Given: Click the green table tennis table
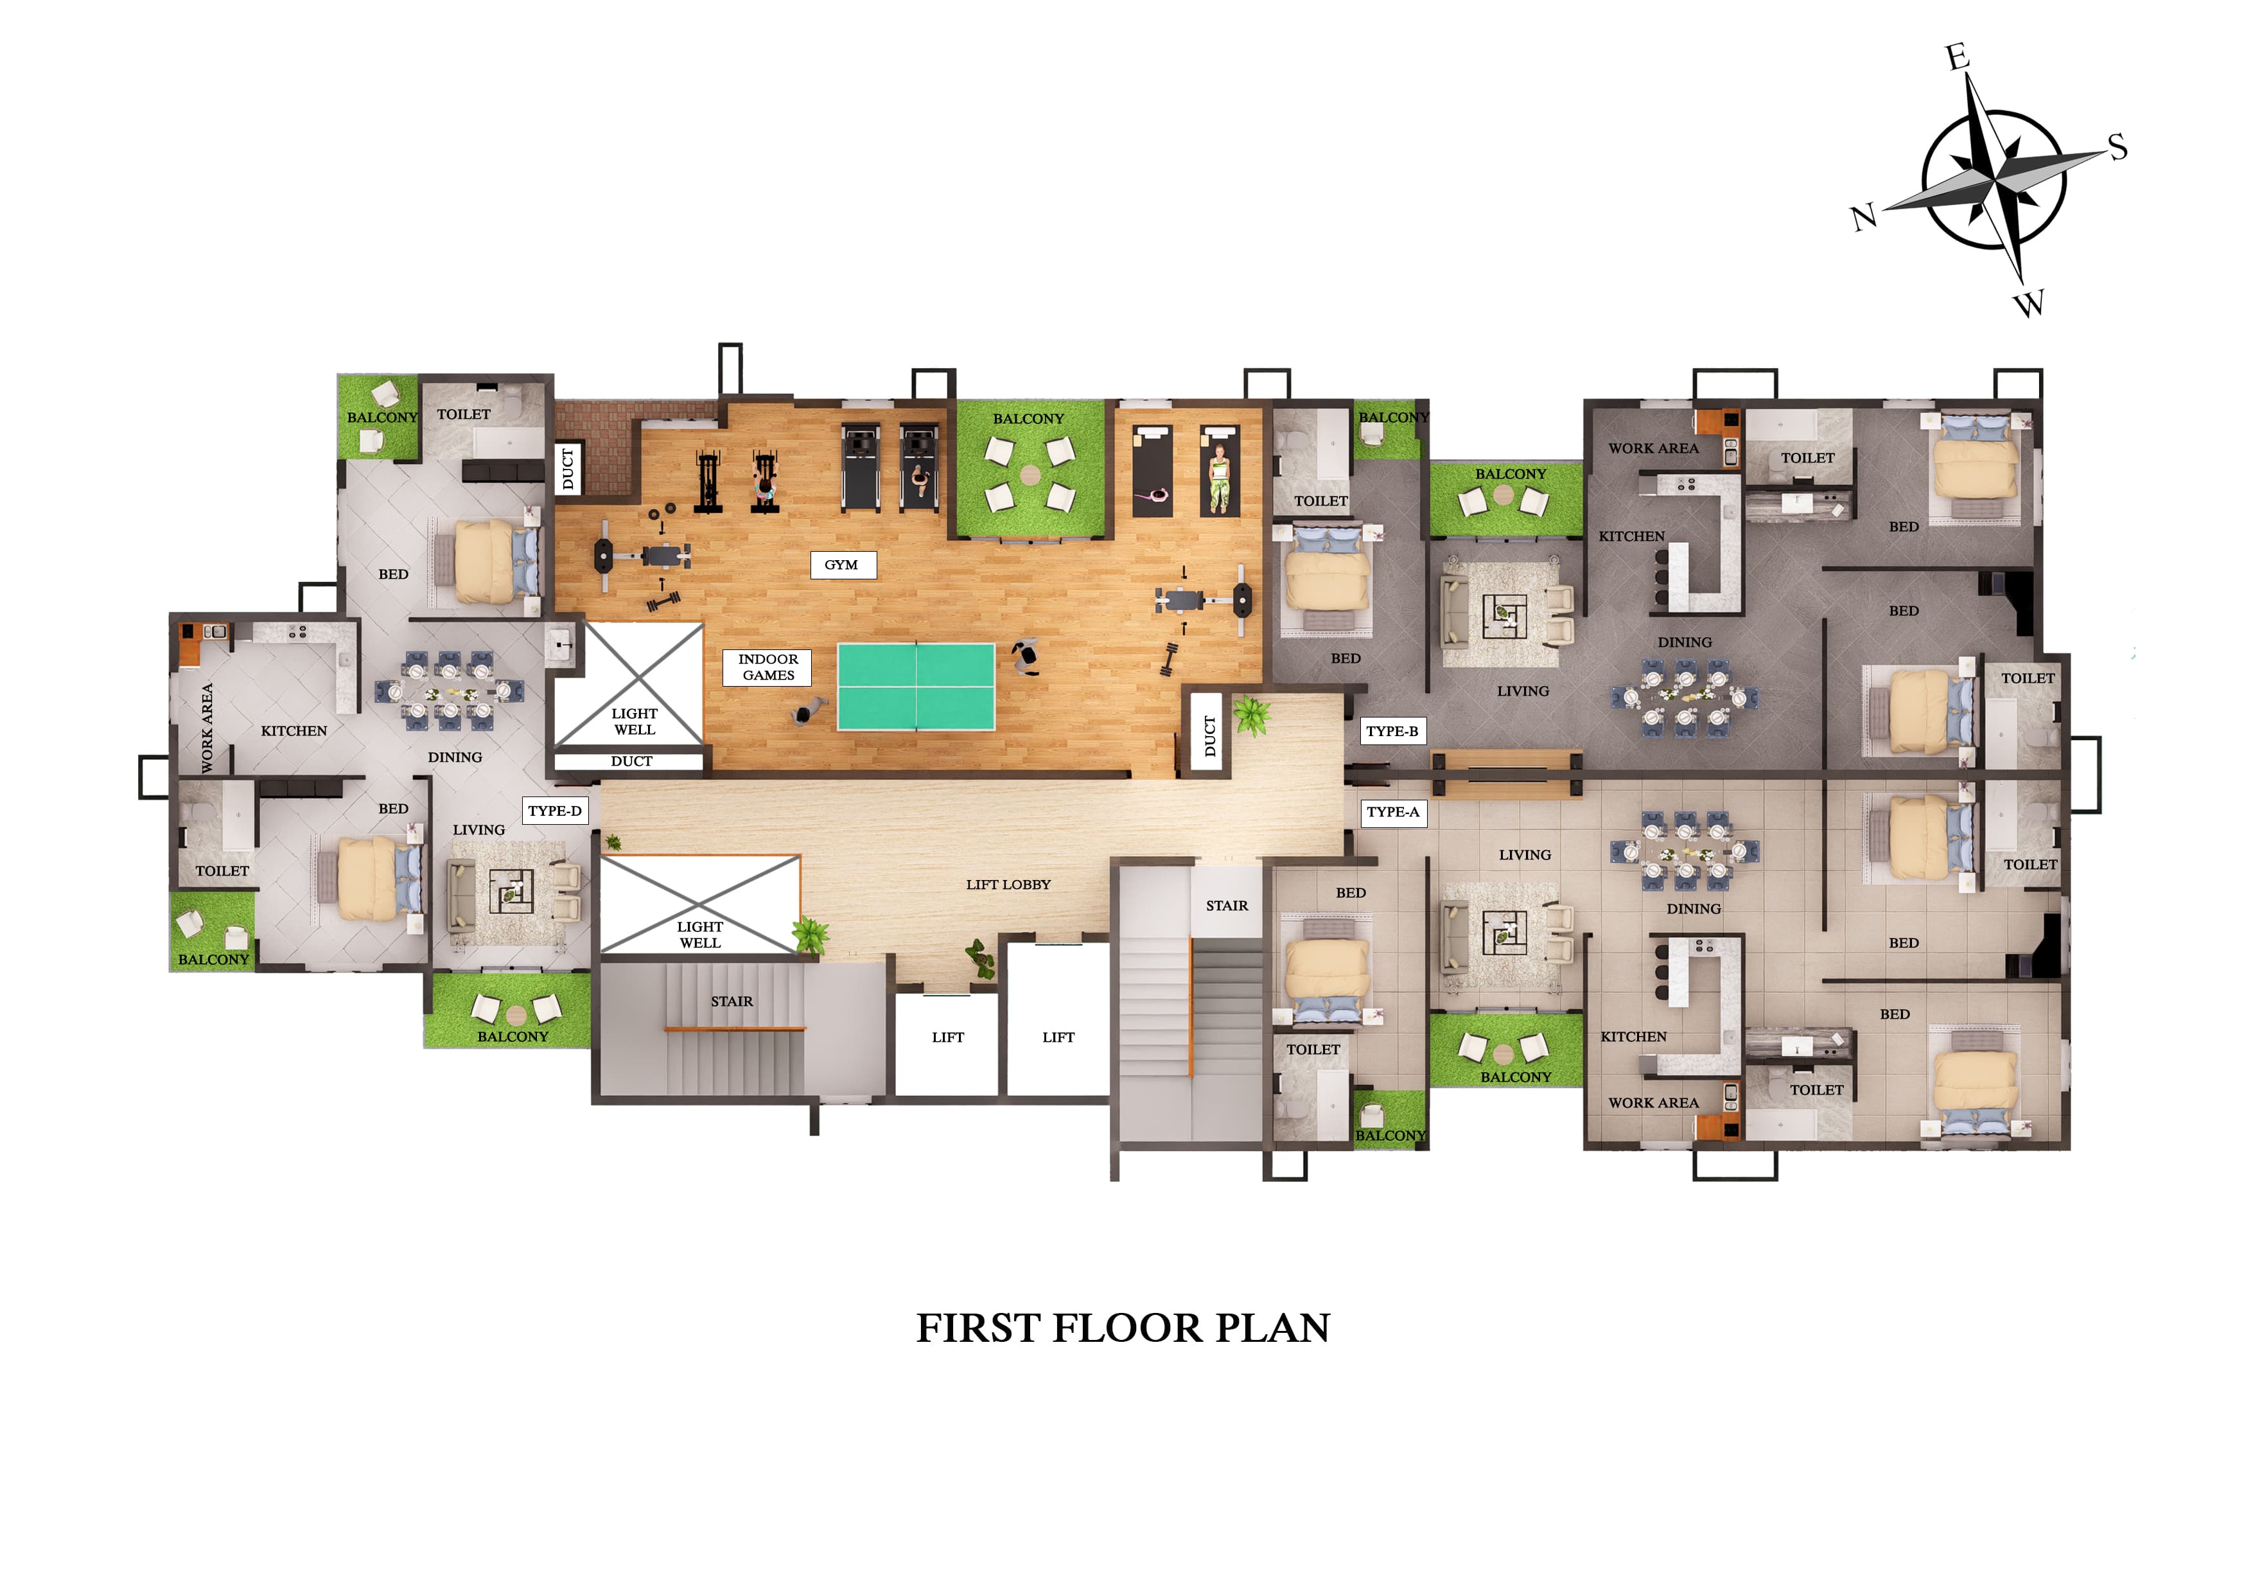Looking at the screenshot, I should click(916, 686).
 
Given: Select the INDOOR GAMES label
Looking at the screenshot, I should click(768, 667).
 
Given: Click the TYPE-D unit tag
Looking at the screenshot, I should click(554, 811).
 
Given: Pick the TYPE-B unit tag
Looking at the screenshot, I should click(1392, 731).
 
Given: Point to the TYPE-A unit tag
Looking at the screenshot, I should click(1392, 812).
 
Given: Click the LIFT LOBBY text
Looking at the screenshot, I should click(1008, 885).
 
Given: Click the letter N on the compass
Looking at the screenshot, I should click(1863, 217).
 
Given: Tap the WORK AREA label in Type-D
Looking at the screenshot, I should click(207, 727).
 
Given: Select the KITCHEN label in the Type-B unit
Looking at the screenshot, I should click(1631, 536).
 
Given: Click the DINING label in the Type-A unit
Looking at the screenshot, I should click(1693, 909).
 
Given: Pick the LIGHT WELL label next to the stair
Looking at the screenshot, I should click(699, 935).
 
